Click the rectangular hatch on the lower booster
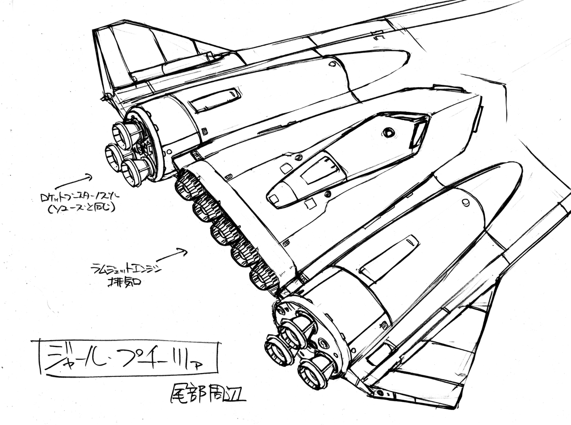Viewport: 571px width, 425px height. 388,257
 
